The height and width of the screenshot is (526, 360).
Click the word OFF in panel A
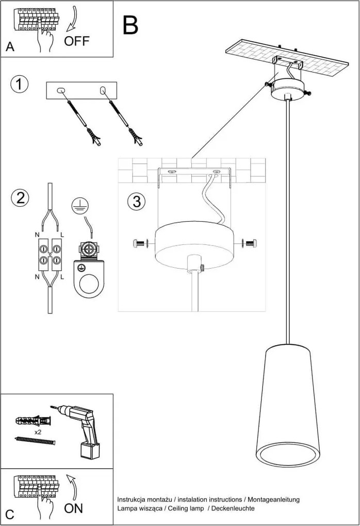[x=77, y=41]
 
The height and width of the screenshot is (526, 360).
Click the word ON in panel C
[x=74, y=508]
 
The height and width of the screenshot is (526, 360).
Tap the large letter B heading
[x=130, y=25]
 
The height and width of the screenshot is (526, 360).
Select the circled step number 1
[x=20, y=85]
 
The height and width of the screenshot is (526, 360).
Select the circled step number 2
[x=20, y=198]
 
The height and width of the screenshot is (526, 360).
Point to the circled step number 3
[x=136, y=202]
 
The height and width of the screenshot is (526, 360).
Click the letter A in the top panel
[x=10, y=47]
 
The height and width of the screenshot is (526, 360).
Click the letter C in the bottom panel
[x=10, y=514]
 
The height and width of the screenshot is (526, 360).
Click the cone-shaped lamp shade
[x=287, y=407]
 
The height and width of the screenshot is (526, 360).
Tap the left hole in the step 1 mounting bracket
[x=61, y=91]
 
